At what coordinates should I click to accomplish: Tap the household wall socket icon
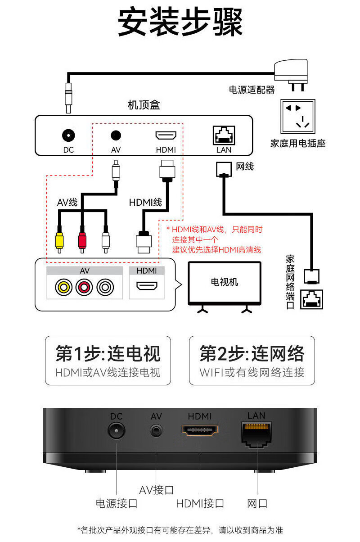click(297, 116)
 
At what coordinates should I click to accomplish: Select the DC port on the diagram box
click(68, 135)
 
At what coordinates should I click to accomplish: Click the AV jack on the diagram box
click(116, 135)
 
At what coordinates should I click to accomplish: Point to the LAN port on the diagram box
click(224, 135)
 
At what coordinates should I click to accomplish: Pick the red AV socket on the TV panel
click(85, 287)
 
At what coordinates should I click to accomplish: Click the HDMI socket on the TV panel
click(147, 286)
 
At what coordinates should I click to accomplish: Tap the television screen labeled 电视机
click(225, 282)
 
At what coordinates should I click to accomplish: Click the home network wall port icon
click(311, 298)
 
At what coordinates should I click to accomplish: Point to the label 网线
click(245, 167)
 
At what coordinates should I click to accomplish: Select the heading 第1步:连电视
click(108, 353)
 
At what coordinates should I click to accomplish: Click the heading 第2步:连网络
click(252, 353)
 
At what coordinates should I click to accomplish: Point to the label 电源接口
click(116, 503)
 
